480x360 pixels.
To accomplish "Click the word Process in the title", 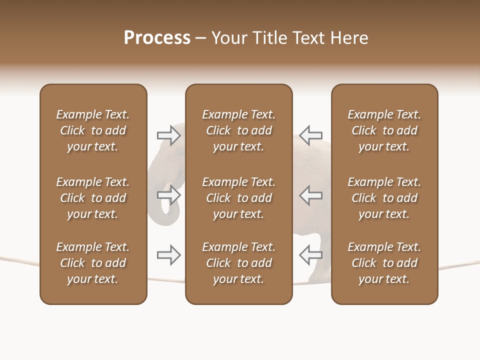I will [157, 38].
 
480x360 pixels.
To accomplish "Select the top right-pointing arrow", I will [169, 135].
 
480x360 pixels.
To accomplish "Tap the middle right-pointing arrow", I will [169, 194].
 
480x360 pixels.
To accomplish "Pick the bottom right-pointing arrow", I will [169, 255].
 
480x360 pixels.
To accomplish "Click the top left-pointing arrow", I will [310, 135].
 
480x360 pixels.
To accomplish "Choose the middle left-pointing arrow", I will [310, 194].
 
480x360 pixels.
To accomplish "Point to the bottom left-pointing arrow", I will [310, 255].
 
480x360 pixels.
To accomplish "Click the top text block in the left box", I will [93, 130].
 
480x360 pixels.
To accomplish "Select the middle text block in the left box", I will [93, 198].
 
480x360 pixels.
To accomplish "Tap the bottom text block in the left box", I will [93, 263].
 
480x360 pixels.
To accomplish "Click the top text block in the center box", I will [238, 130].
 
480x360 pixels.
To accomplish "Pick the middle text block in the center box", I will [238, 198].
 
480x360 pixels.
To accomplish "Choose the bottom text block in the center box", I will [238, 263].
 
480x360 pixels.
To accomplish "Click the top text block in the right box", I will [384, 130].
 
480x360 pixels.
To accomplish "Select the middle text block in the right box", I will [384, 198].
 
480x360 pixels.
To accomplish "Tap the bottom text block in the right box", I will [384, 263].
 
